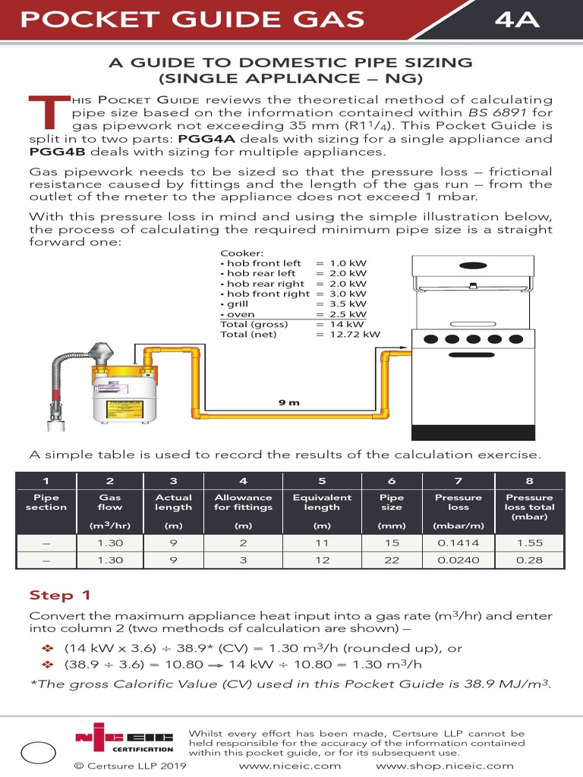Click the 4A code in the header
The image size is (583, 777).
517,20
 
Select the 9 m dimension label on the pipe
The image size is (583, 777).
288,402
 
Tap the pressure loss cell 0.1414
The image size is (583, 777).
459,543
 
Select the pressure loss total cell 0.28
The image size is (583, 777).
529,560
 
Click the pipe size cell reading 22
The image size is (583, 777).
392,560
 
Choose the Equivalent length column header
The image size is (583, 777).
322,502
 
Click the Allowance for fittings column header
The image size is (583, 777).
243,502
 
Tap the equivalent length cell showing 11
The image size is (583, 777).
322,543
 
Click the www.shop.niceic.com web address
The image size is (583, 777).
445,766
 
